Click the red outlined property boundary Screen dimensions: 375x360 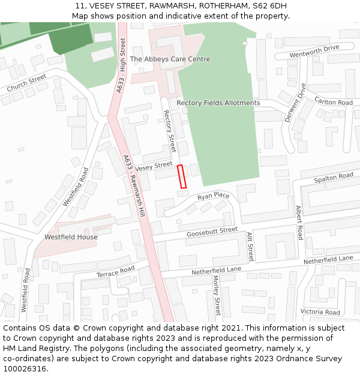pyautogui.click(x=182, y=176)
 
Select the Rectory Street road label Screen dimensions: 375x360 pyautogui.click(x=170, y=130)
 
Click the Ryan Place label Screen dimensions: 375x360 pyautogui.click(x=213, y=196)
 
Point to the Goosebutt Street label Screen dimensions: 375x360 pyautogui.click(x=212, y=232)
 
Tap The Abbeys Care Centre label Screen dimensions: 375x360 pyautogui.click(x=170, y=59)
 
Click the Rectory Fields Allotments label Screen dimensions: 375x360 pyautogui.click(x=218, y=103)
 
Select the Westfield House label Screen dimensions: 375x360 pyautogui.click(x=71, y=237)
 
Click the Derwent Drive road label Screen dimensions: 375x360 pyautogui.click(x=295, y=103)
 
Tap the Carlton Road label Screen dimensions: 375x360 pyautogui.click(x=333, y=103)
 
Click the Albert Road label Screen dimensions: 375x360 pyautogui.click(x=299, y=221)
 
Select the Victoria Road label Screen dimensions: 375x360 pyautogui.click(x=320, y=312)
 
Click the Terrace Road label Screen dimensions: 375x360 pyautogui.click(x=116, y=272)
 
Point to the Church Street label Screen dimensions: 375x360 pyautogui.click(x=26, y=83)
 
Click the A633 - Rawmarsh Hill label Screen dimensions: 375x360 pyautogui.click(x=134, y=186)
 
